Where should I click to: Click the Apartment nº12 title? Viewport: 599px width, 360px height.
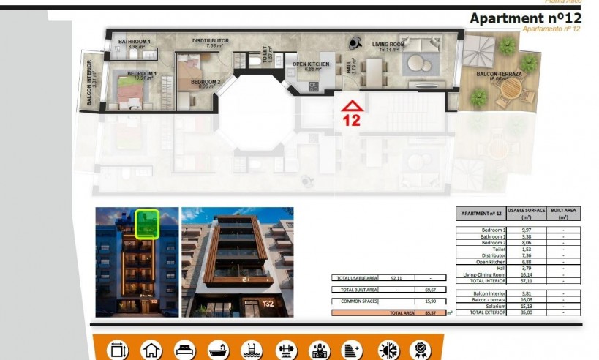point(525,18)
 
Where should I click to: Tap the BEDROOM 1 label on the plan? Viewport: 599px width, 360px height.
point(143,73)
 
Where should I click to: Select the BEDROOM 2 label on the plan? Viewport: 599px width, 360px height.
point(206,82)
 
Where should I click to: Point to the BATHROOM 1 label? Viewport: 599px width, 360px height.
point(135,42)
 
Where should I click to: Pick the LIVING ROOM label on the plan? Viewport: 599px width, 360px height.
point(388,45)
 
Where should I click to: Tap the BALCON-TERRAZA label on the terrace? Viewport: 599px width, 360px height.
point(499,74)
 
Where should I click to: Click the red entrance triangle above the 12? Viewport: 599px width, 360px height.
point(352,105)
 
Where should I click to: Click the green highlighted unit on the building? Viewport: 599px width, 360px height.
point(147,223)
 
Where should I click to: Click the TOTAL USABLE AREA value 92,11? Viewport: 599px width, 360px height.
point(397,278)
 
